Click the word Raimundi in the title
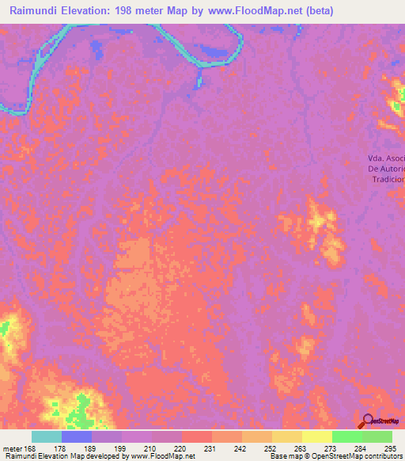[37, 10]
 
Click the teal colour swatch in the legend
[47, 436]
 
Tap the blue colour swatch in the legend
[77, 436]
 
